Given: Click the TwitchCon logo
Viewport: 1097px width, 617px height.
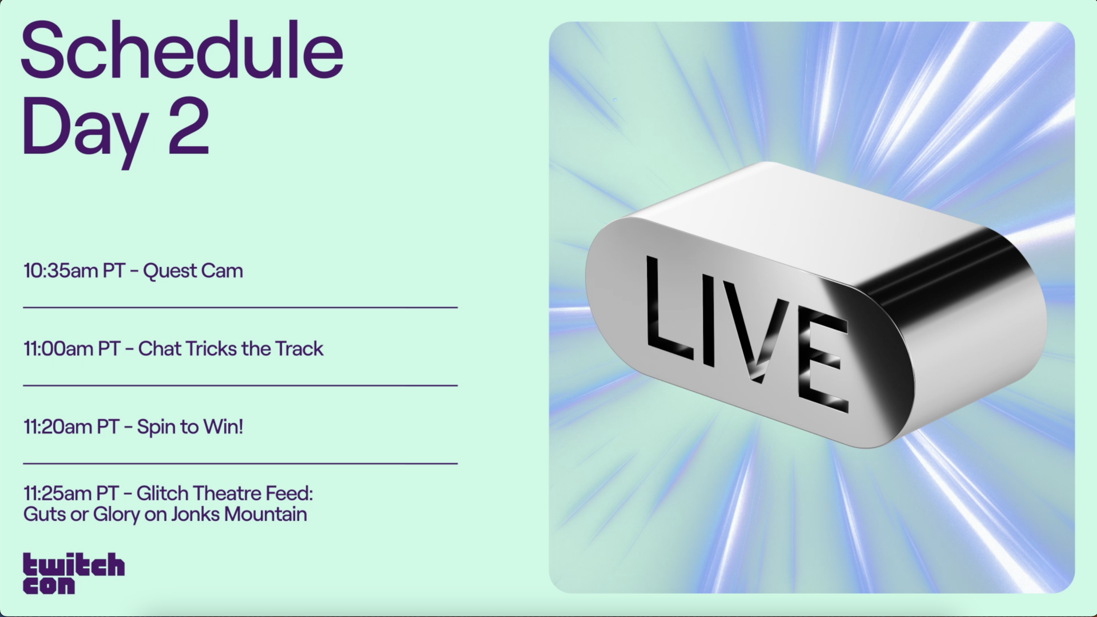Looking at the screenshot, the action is tap(74, 573).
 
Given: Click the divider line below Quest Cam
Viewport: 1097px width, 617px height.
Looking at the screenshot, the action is tap(240, 307).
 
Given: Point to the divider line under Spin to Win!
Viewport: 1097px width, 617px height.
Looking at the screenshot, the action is tap(240, 463).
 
